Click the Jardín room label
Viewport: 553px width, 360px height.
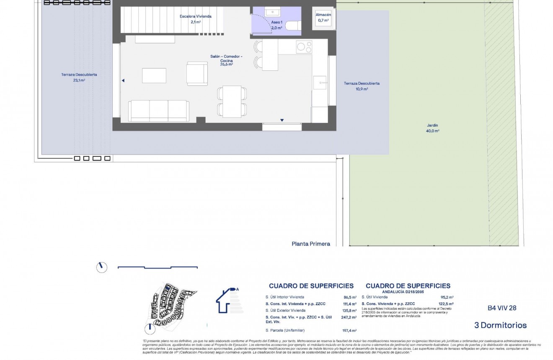coord(433,125)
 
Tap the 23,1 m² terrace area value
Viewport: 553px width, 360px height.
coord(79,80)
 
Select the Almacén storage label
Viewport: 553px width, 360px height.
coord(323,15)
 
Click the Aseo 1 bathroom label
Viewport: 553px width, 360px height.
coord(276,22)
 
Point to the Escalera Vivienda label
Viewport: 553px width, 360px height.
coord(195,16)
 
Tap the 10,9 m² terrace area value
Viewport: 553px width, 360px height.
coord(362,89)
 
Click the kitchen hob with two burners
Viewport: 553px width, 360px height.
coord(304,46)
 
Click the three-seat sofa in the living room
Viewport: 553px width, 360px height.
coord(158,110)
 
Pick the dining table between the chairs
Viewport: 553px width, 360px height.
coord(232,101)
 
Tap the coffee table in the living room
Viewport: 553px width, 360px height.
coord(154,75)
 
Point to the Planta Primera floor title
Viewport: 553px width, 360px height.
coord(311,243)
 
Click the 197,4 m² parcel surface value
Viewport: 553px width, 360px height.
coord(349,330)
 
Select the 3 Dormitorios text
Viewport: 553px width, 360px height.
coord(500,325)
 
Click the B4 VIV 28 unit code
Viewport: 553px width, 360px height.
coord(502,308)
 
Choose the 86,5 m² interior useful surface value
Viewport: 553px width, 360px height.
coord(349,297)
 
